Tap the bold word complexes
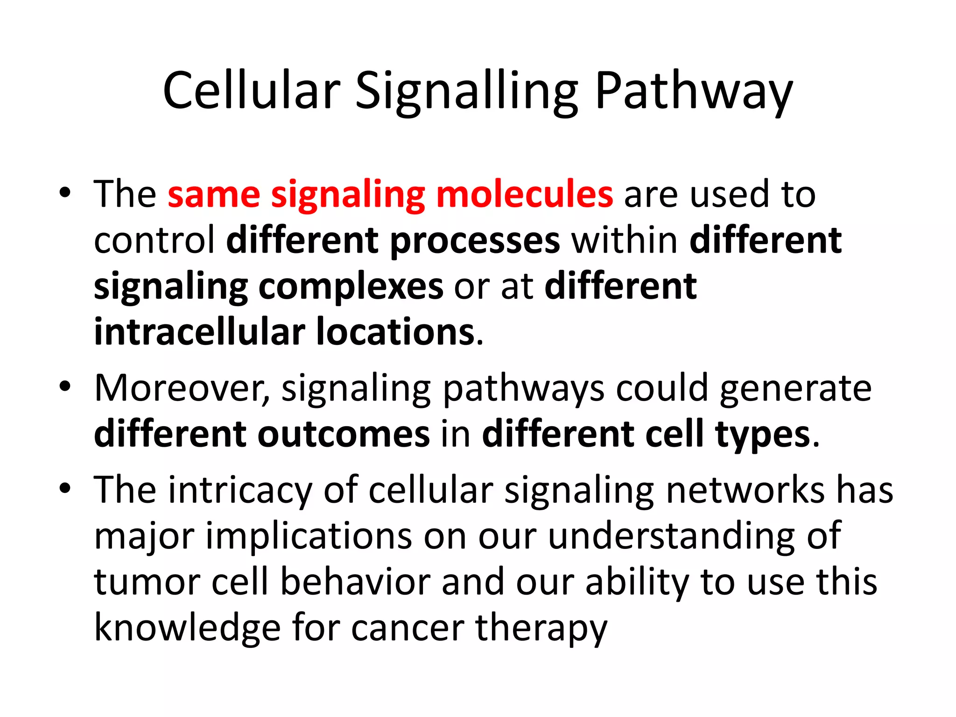[x=351, y=287]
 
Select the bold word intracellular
[x=199, y=332]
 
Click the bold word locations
[x=396, y=332]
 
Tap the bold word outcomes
[x=344, y=434]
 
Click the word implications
[x=309, y=536]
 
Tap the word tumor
[x=147, y=582]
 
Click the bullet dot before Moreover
[x=65, y=387]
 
